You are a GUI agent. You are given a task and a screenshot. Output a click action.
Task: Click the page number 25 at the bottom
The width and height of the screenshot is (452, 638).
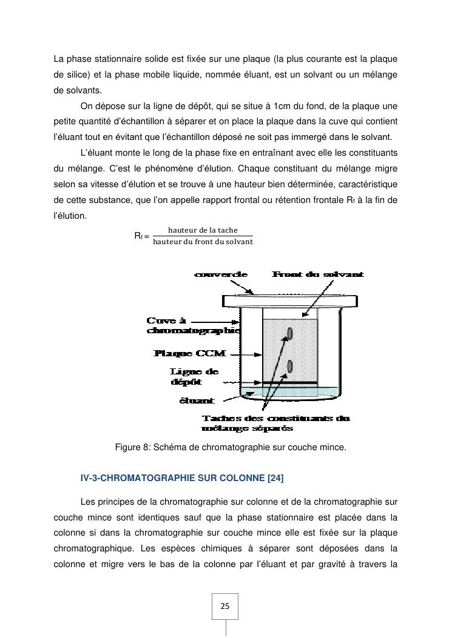(224, 606)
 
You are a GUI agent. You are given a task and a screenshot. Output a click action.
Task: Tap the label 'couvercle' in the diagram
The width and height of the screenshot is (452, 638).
(220, 274)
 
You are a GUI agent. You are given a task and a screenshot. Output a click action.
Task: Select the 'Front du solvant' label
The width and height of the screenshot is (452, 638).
(317, 274)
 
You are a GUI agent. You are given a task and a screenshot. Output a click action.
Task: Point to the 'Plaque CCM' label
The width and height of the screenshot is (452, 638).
(182, 353)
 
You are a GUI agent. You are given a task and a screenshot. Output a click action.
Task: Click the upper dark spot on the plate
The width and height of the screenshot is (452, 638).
(290, 333)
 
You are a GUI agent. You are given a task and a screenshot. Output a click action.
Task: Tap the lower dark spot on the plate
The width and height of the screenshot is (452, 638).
(290, 366)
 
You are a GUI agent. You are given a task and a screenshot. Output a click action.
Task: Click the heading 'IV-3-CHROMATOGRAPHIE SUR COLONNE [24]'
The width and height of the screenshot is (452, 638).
(182, 479)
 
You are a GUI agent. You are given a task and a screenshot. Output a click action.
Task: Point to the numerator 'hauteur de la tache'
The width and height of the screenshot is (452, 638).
(203, 230)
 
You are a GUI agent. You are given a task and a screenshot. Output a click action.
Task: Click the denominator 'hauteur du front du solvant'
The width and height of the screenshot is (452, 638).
(203, 242)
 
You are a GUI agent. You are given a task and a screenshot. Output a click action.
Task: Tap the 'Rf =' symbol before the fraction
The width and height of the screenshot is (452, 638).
(141, 236)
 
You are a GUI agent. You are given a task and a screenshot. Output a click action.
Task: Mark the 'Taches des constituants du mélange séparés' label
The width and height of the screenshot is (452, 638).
(275, 424)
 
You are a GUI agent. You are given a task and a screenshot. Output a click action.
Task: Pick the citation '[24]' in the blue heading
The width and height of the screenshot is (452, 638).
(275, 479)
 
